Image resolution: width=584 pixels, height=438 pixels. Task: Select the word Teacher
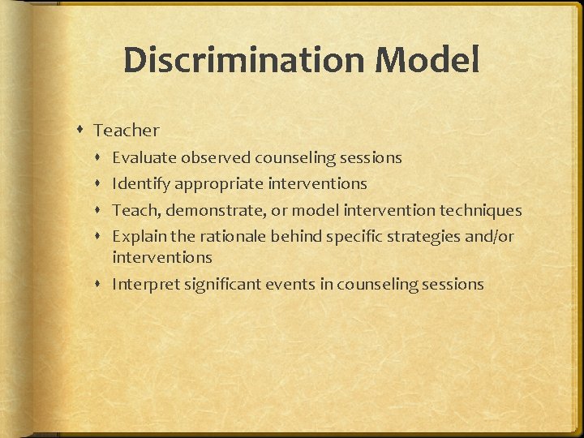click(127, 130)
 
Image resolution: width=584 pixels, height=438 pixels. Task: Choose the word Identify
click(141, 184)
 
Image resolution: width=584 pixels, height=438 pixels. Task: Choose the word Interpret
click(144, 284)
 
